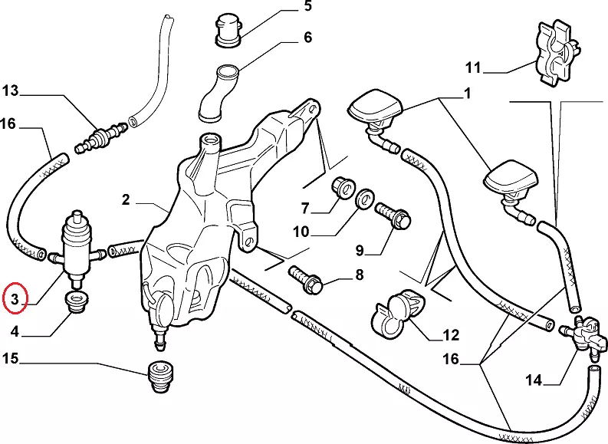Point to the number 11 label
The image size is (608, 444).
click(473, 67)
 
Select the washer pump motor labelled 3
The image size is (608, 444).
click(77, 244)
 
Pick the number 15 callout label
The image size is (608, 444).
click(11, 358)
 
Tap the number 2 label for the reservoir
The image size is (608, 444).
click(126, 201)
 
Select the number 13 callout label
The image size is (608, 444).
click(10, 91)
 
